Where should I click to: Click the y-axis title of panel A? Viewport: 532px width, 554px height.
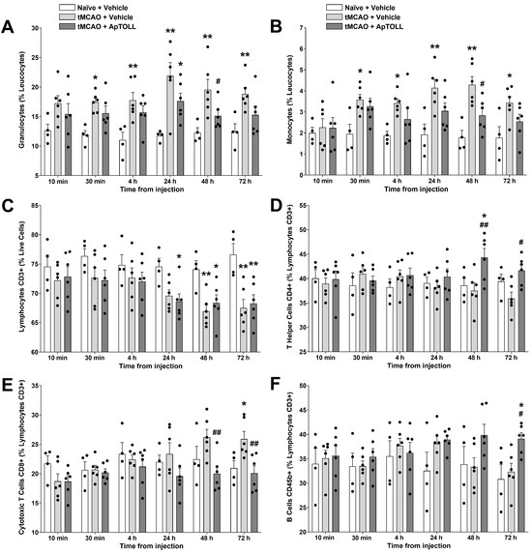[x=9, y=97]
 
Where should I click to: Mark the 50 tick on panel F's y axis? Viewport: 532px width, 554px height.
[x=301, y=393]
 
